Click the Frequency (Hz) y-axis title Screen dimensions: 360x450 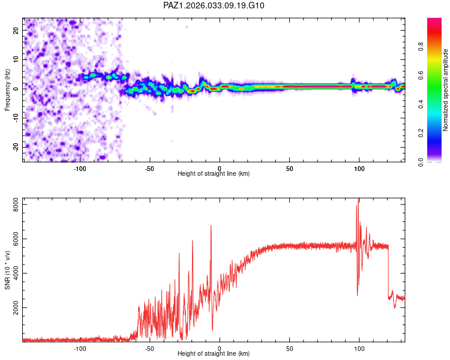pos(8,89)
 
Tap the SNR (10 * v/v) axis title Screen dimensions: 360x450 pos(8,269)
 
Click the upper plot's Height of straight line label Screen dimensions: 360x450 pos(214,173)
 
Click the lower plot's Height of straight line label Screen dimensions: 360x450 pos(214,353)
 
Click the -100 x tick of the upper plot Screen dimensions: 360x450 pos(80,169)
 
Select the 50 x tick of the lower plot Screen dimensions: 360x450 pos(290,349)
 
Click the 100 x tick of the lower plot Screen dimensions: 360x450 pos(359,349)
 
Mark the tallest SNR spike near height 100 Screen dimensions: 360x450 pos(359,199)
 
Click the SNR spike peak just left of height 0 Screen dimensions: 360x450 pos(211,226)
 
